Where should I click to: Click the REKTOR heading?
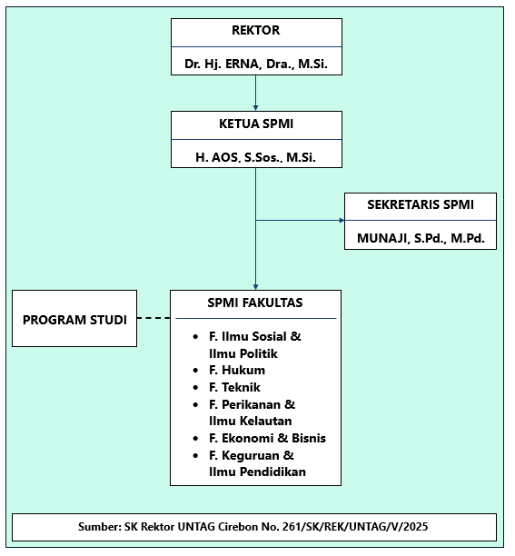pyautogui.click(x=256, y=31)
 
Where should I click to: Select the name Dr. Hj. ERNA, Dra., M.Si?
pyautogui.click(x=256, y=65)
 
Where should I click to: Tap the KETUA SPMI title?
pyautogui.click(x=256, y=124)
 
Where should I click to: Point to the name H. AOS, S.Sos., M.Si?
pyautogui.click(x=256, y=157)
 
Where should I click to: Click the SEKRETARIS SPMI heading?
pyautogui.click(x=420, y=205)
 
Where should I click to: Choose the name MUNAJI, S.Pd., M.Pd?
pyautogui.click(x=420, y=240)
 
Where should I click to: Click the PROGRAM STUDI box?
pyautogui.click(x=74, y=319)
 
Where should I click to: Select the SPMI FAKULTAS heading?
pyautogui.click(x=256, y=303)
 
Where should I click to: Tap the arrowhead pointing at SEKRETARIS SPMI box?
pyautogui.click(x=341, y=220)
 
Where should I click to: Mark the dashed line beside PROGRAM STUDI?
pyautogui.click(x=154, y=319)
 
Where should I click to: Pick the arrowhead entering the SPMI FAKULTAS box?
pyautogui.click(x=256, y=286)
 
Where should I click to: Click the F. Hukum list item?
pyautogui.click(x=236, y=371)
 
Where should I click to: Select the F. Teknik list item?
pyautogui.click(x=234, y=387)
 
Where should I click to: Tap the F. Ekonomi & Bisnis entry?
pyautogui.click(x=267, y=438)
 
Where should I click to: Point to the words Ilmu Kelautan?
pyautogui.click(x=250, y=421)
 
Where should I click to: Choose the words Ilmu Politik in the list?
pyautogui.click(x=243, y=353)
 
